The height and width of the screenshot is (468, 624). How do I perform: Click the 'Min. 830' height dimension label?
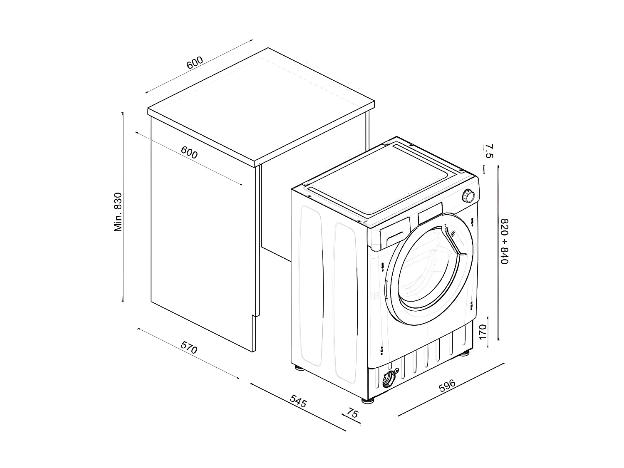[118, 212]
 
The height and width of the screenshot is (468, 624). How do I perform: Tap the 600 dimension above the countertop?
[194, 62]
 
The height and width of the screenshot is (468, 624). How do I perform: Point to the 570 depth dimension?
[188, 347]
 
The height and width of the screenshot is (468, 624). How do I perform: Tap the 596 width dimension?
[447, 386]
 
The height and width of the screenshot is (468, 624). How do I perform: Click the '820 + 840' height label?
[505, 241]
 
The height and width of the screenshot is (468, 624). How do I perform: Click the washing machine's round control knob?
[469, 196]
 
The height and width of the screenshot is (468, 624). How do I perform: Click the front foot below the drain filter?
[368, 401]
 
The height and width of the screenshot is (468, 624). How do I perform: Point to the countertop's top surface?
[262, 104]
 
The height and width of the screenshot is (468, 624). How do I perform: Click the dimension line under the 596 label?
[451, 389]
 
